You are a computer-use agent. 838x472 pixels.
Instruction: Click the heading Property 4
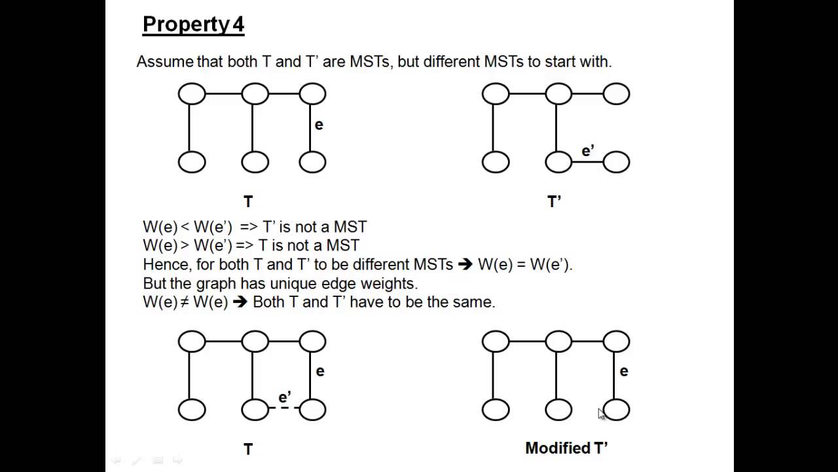pos(193,25)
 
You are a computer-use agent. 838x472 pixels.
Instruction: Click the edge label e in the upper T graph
pos(319,125)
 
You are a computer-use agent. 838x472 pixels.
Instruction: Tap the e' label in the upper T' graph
pos(588,151)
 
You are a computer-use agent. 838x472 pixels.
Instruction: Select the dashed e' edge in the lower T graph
pos(284,408)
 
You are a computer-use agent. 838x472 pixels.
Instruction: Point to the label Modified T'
pos(566,448)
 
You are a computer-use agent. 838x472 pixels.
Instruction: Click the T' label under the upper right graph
pos(554,202)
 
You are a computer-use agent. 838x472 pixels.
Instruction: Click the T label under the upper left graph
pos(248,202)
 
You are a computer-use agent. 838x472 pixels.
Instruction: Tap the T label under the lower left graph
pos(248,449)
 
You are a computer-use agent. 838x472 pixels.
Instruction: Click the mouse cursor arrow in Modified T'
pos(601,413)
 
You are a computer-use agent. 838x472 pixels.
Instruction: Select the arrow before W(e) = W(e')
pos(465,265)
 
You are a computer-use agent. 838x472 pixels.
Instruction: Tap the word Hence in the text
pos(164,265)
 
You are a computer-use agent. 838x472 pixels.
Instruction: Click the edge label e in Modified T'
pos(624,372)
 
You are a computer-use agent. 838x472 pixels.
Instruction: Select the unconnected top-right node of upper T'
pos(616,94)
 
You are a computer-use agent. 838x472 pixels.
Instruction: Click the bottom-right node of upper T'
pos(616,162)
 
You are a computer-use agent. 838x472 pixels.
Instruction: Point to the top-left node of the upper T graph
pos(192,94)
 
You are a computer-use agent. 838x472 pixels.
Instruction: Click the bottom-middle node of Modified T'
pos(558,410)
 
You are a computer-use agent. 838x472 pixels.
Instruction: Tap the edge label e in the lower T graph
pos(320,372)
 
